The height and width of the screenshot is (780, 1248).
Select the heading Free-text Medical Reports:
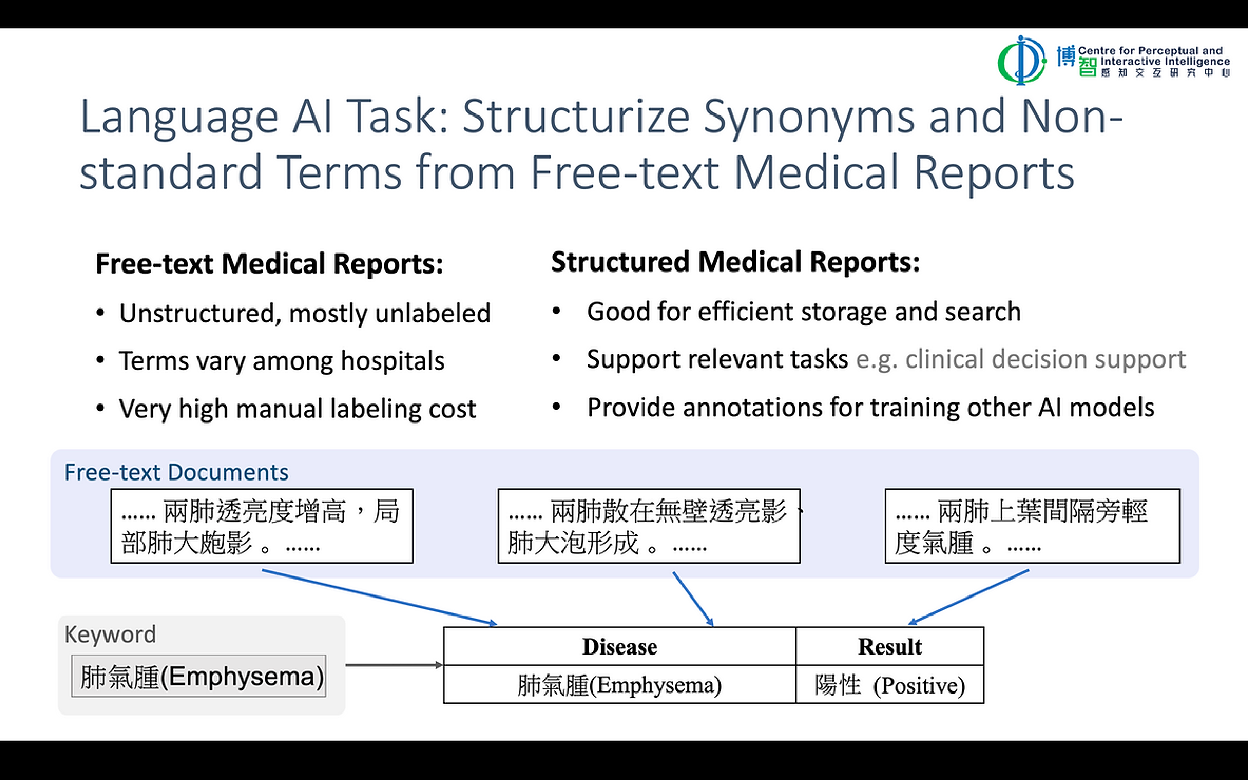pos(269,264)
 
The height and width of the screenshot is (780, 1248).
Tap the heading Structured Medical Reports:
pos(735,262)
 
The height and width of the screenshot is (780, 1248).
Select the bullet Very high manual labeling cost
pos(297,409)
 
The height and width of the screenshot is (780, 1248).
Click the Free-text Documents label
pos(176,472)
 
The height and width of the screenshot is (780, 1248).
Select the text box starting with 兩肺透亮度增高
pos(262,526)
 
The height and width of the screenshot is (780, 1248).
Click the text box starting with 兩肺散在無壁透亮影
pos(649,526)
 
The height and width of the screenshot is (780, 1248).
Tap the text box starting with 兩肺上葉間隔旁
pos(1032,526)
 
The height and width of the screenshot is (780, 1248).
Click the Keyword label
pos(110,634)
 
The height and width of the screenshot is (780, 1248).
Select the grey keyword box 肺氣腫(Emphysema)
pos(199,676)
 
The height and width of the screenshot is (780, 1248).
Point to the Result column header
pos(889,646)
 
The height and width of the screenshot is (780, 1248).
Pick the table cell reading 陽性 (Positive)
pos(889,685)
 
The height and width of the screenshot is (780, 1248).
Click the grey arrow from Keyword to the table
pos(393,665)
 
